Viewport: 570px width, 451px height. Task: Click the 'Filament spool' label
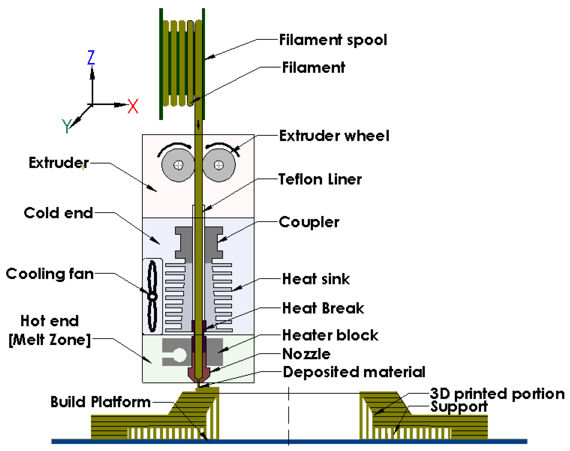[x=333, y=40]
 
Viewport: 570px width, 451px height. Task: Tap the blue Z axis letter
[x=91, y=57]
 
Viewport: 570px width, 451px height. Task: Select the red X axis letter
[x=133, y=106]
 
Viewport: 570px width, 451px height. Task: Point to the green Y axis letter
[x=67, y=126]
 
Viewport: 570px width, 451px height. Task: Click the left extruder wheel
[x=178, y=165]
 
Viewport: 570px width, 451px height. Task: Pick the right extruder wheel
[x=219, y=165]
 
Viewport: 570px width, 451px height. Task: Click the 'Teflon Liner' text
[x=320, y=180]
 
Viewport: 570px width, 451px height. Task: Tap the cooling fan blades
[x=152, y=296]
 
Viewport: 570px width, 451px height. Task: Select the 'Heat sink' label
[x=316, y=279]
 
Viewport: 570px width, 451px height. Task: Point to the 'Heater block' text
[x=330, y=335]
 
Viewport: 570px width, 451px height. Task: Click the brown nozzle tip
[x=199, y=380]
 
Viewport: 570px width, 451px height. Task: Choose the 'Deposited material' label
[x=354, y=372]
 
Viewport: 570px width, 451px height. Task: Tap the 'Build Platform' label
[x=100, y=402]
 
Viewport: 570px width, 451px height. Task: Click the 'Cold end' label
[x=58, y=213]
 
